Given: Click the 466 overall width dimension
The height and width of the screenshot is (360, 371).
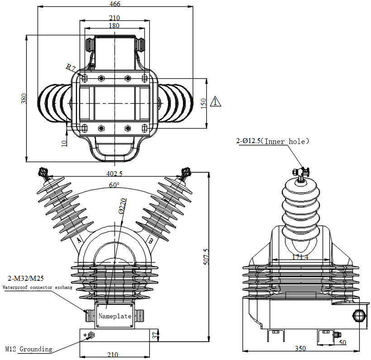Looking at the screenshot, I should click(115, 4).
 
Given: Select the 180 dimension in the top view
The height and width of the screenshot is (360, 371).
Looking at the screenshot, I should click(114, 26).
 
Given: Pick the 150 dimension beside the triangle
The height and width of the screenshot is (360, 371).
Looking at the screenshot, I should click(204, 103).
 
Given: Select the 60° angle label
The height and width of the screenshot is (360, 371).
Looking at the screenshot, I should click(114, 185).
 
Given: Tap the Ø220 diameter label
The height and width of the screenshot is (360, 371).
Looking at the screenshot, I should click(121, 206).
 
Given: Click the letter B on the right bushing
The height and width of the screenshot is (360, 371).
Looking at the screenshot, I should click(150, 240).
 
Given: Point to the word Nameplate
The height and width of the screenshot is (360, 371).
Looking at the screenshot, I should click(115, 316).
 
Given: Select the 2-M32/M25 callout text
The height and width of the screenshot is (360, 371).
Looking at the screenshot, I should click(25, 278).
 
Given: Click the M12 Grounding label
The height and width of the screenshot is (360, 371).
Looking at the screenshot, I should click(29, 349).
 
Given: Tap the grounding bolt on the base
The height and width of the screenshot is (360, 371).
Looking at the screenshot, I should click(90, 335).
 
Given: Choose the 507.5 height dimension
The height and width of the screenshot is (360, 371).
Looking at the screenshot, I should click(206, 257).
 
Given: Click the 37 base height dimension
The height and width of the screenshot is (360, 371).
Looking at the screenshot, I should click(157, 336).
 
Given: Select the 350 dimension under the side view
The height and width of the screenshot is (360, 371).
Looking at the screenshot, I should click(300, 348).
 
